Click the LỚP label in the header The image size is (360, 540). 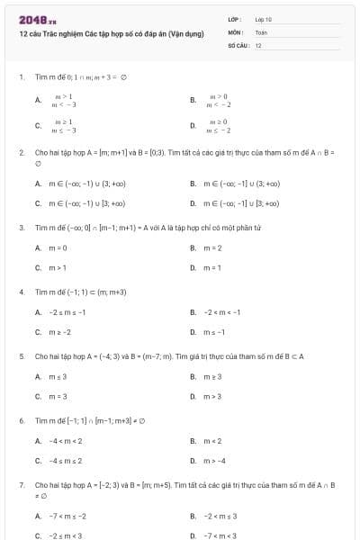click(x=235, y=18)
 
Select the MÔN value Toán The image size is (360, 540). click(x=262, y=31)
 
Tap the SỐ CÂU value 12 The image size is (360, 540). click(x=258, y=44)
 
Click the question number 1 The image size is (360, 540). click(x=21, y=77)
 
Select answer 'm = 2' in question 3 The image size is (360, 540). click(x=212, y=247)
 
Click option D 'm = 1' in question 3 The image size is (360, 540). click(x=212, y=267)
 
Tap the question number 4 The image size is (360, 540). click(x=21, y=292)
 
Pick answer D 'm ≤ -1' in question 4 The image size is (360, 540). click(x=214, y=332)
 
